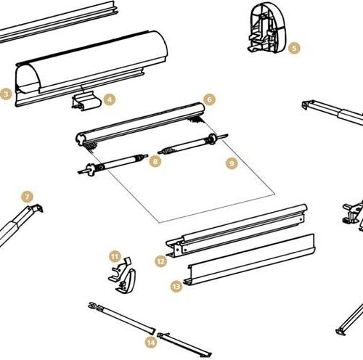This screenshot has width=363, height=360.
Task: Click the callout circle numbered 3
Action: click(x=6, y=94)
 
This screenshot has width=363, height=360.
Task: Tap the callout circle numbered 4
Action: click(x=110, y=99)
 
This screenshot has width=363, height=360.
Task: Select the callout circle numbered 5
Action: click(x=294, y=48)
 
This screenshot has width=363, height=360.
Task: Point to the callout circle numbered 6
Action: click(x=210, y=99)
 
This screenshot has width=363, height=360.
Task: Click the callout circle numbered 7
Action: click(x=27, y=197)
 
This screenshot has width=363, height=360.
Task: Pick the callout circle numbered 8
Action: click(x=155, y=161)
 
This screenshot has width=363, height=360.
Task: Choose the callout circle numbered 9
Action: click(x=232, y=163)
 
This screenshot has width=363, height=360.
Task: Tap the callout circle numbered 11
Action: click(x=115, y=256)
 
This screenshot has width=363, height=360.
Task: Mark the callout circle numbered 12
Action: click(x=161, y=261)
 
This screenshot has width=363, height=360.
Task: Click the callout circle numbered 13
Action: click(x=176, y=287)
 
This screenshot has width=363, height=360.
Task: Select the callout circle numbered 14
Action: click(x=151, y=343)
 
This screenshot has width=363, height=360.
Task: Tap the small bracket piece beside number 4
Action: click(x=86, y=100)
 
